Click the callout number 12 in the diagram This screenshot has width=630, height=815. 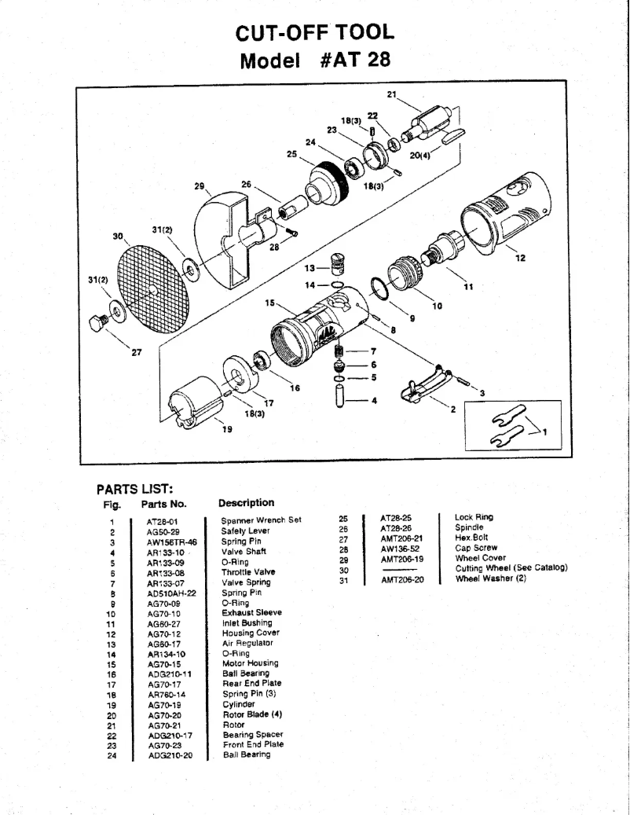point(518,258)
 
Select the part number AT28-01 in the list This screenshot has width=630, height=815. point(163,520)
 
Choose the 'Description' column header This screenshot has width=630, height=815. point(246,503)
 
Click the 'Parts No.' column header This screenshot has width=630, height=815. point(163,504)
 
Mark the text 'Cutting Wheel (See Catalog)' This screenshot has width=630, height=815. point(511,568)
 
